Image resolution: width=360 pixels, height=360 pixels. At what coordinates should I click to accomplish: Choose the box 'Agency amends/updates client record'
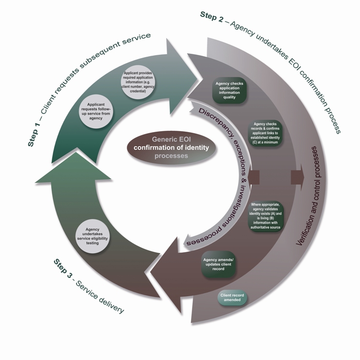218,264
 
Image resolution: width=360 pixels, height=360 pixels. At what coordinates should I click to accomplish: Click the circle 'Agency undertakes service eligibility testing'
92,236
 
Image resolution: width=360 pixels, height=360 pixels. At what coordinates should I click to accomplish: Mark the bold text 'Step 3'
63,269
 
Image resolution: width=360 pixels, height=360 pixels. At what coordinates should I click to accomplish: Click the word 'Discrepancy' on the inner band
213,119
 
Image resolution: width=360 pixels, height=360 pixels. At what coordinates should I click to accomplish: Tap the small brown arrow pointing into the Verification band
297,177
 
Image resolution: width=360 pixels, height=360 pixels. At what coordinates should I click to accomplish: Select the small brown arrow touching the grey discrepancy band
254,177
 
